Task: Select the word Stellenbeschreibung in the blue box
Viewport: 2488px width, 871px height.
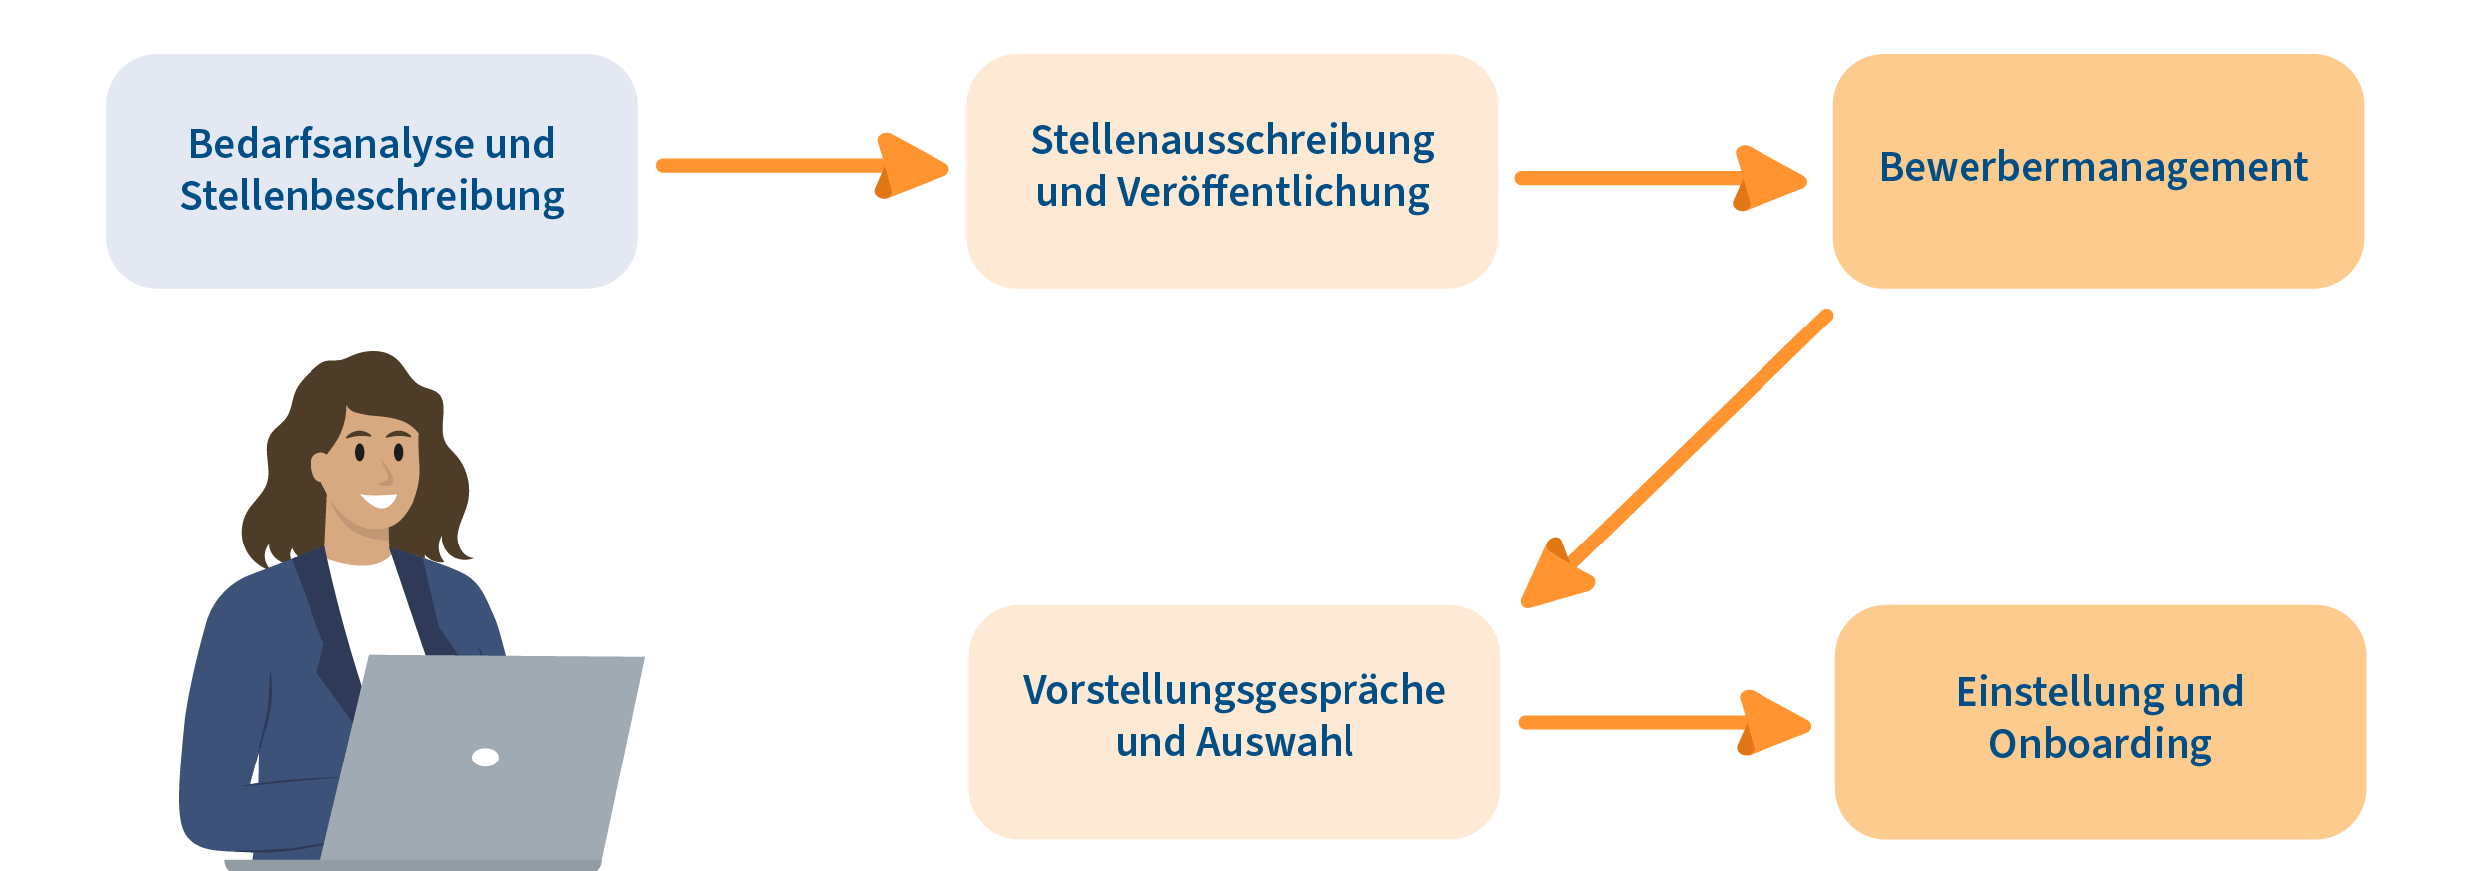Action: coord(372,197)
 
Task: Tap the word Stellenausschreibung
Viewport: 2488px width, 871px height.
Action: coord(1232,141)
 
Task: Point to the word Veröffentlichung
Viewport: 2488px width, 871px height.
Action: coord(1273,193)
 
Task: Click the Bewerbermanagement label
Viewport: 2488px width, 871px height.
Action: coord(2093,167)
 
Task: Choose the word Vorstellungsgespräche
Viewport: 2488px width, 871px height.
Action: coord(1234,690)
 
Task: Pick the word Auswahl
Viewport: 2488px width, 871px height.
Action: coord(1276,742)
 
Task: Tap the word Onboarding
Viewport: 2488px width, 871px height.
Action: coord(2100,744)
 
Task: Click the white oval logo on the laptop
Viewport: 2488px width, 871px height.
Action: coord(485,758)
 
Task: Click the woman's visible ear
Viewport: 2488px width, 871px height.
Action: coord(319,466)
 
